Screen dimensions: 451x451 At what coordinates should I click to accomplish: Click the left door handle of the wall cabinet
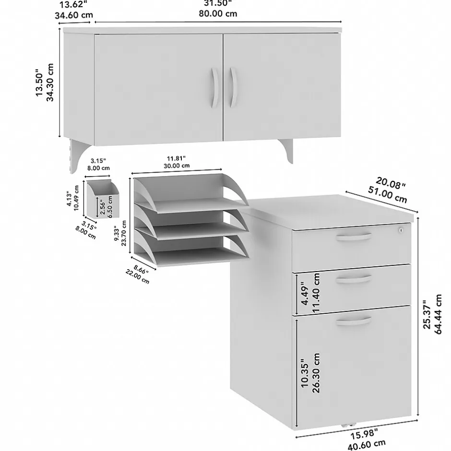click(215, 88)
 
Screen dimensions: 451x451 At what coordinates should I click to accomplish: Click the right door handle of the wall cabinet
click(233, 87)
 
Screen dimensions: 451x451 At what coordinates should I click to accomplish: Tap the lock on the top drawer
click(400, 230)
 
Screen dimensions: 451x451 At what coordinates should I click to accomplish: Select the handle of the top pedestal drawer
click(354, 237)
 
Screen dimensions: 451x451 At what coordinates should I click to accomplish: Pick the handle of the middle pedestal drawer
click(354, 279)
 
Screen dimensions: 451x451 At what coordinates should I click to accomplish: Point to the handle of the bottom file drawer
click(354, 321)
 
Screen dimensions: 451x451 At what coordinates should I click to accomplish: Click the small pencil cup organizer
click(103, 199)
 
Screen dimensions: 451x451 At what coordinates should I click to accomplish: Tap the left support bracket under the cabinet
click(78, 156)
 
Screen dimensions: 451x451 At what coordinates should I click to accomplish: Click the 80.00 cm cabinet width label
click(218, 13)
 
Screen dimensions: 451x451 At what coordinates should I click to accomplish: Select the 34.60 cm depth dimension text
click(74, 15)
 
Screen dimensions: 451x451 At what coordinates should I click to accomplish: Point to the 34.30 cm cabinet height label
click(50, 82)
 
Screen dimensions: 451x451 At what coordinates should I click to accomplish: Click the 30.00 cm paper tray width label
click(177, 166)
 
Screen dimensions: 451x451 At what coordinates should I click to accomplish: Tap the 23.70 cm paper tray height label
click(124, 233)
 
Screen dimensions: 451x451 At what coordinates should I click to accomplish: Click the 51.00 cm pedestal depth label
click(388, 195)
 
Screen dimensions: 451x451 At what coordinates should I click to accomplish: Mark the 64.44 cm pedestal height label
click(438, 314)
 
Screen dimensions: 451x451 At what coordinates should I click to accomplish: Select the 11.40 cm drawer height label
click(316, 293)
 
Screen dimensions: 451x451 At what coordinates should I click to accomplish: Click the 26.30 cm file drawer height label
click(316, 373)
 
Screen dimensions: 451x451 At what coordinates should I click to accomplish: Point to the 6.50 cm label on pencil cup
click(109, 206)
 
